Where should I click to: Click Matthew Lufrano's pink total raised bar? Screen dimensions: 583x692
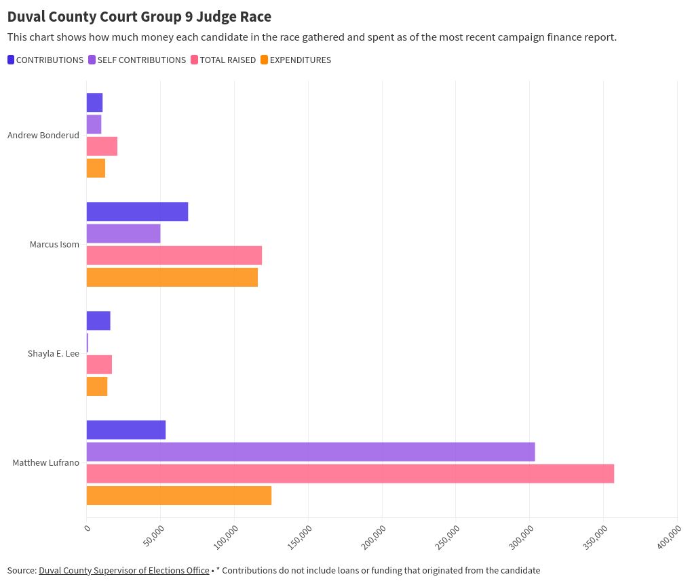pos(350,473)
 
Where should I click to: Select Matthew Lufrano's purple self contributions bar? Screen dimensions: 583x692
pos(311,451)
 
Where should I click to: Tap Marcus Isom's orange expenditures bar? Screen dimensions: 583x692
pos(172,277)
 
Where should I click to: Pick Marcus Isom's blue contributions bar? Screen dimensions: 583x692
pos(137,212)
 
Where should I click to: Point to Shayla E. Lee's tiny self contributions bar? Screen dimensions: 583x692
pos(88,343)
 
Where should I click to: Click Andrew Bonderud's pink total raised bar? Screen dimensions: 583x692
pos(102,146)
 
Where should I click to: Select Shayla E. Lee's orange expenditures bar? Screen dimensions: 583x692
pos(97,386)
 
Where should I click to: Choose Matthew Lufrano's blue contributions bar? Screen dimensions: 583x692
pos(126,430)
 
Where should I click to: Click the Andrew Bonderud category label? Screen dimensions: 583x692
pos(43,135)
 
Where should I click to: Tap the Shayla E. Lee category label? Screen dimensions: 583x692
pos(54,353)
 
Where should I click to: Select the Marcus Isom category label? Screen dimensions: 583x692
pos(54,244)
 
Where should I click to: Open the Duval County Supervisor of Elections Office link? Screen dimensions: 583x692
pos(123,570)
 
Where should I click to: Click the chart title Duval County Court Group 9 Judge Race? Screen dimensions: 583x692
pos(139,16)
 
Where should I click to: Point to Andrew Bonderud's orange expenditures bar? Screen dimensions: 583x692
pos(96,167)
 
